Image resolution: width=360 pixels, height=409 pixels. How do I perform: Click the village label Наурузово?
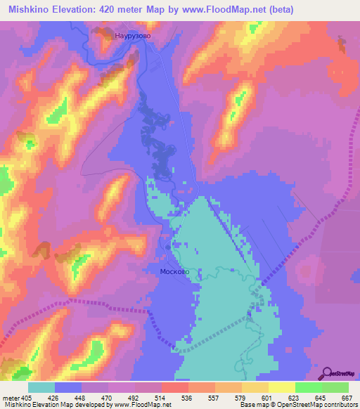pyautogui.click(x=132, y=34)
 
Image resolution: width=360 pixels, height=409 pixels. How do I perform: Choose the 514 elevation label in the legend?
pyautogui.click(x=162, y=397)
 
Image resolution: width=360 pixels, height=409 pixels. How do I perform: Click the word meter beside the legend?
pyautogui.click(x=11, y=397)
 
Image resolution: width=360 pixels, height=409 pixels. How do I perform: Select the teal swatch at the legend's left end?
pyautogui.click(x=41, y=387)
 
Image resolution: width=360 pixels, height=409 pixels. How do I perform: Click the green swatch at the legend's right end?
pyautogui.click(x=335, y=387)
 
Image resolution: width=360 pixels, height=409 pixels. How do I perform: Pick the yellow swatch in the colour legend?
pyautogui.click(x=281, y=387)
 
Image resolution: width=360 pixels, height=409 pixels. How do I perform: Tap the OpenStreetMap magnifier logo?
pyautogui.click(x=327, y=373)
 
